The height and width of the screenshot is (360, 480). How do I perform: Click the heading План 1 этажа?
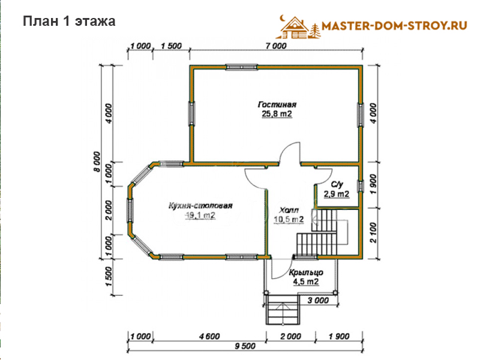point(69,22)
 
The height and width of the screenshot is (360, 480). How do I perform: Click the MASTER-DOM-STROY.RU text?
point(394,26)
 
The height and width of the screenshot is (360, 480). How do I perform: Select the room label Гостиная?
point(277,104)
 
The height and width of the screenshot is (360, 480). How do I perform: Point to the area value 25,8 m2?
point(277,114)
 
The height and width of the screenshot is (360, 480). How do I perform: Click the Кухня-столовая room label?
point(200,206)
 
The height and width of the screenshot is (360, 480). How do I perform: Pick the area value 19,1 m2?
point(200,215)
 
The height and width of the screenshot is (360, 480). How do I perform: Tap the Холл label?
point(289,211)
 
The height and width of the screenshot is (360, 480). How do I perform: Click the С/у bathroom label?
point(337,185)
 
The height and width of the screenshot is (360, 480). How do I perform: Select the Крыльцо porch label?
point(306,272)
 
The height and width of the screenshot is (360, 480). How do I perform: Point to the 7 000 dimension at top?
point(276,46)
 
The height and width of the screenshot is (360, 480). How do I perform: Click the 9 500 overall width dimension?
point(245,346)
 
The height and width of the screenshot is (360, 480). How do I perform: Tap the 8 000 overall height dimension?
point(97,161)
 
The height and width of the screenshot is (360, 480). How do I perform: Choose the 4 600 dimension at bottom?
point(209,337)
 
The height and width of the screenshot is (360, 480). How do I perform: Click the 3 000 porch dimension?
point(318,301)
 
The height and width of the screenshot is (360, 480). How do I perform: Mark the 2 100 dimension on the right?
point(373,233)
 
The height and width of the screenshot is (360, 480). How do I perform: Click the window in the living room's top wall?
point(242,67)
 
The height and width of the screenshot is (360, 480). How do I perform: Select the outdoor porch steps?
point(282,309)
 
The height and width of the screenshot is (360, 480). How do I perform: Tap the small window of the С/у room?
point(361,186)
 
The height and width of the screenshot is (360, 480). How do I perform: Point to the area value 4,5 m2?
point(306,281)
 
